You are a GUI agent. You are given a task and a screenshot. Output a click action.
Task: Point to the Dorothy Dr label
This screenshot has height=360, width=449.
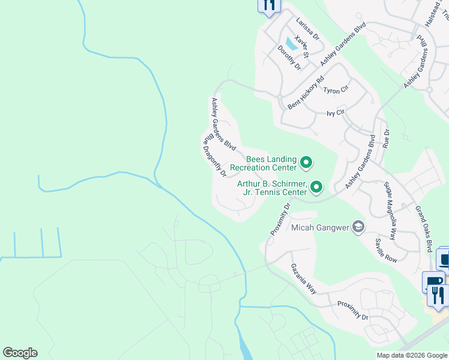tap(289, 58)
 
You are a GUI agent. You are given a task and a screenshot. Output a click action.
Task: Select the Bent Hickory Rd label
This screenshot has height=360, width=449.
tap(306, 92)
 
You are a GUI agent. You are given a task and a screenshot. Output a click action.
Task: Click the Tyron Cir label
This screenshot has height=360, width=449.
tap(336, 90)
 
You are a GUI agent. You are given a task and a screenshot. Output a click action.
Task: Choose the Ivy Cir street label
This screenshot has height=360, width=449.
tap(335, 113)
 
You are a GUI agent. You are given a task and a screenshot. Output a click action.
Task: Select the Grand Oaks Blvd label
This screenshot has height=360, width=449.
tap(424, 229)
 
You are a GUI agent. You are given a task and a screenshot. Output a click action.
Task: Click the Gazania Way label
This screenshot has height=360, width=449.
tap(303, 278)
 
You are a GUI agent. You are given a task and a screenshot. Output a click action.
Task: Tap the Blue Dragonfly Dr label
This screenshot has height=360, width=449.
tap(214, 154)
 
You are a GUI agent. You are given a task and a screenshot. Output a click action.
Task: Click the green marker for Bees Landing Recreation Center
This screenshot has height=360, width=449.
tap(306, 162)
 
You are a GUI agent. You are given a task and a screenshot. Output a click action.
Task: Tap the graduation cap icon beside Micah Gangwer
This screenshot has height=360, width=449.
tap(358, 227)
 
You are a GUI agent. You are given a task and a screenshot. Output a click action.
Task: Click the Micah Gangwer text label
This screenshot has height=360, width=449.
tap(321, 227)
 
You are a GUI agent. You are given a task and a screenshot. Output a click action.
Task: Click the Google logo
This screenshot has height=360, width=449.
tap(20, 353)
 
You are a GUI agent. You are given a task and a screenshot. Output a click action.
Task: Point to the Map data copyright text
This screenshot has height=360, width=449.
tap(411, 355)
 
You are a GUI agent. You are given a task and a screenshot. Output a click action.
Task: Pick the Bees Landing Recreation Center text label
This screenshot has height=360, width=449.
tap(264, 163)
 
